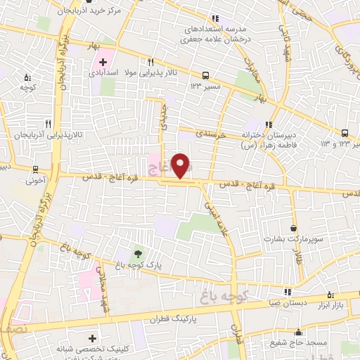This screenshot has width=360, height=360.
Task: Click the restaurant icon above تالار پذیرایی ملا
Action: (151, 62)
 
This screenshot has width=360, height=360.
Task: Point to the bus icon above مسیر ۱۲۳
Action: (205, 75)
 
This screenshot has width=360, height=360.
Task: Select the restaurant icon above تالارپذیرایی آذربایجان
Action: (48, 122)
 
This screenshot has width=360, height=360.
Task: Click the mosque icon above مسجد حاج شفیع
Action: (299, 332)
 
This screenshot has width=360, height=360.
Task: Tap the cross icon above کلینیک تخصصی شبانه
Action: (94, 338)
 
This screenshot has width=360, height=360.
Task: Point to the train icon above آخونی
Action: (35, 169)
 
